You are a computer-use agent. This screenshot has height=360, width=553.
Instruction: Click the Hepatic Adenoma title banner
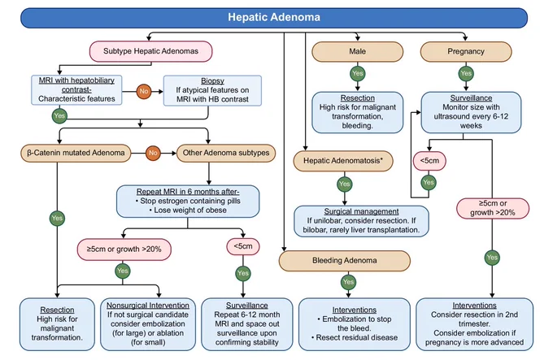(x=274, y=18)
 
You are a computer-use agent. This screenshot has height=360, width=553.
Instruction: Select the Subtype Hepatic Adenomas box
(x=151, y=51)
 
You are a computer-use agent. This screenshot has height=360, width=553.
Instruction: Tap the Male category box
(x=357, y=51)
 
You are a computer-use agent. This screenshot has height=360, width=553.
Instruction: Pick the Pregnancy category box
(x=466, y=51)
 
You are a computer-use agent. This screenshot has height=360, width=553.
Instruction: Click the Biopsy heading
(x=212, y=80)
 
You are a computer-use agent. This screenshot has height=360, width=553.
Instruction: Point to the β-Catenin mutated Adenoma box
(x=76, y=153)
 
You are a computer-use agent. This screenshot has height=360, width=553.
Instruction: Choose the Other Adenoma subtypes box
(x=226, y=153)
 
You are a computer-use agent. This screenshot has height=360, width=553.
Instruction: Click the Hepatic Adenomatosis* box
(x=343, y=161)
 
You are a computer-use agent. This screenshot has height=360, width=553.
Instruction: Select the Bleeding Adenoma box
(x=345, y=261)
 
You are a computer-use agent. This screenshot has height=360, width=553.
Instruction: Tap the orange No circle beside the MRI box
(x=144, y=91)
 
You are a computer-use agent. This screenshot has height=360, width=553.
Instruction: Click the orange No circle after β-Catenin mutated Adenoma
(x=153, y=153)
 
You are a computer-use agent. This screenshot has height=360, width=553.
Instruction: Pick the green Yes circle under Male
(x=358, y=73)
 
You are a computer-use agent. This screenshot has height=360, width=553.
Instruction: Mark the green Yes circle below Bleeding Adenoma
(x=348, y=282)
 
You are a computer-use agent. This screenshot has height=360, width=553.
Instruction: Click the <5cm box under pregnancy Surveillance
(x=429, y=161)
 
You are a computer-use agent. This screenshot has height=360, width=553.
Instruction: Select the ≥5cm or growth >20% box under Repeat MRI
(x=124, y=249)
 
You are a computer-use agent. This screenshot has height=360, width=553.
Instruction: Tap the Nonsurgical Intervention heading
(x=148, y=306)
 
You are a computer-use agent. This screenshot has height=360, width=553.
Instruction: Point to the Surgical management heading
(x=361, y=211)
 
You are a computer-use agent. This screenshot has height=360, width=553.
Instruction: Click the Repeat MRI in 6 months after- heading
(x=188, y=192)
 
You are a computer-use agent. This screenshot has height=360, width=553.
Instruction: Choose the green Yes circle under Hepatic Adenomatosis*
(x=345, y=184)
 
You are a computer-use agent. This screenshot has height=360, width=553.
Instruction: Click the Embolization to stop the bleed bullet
(x=355, y=323)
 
